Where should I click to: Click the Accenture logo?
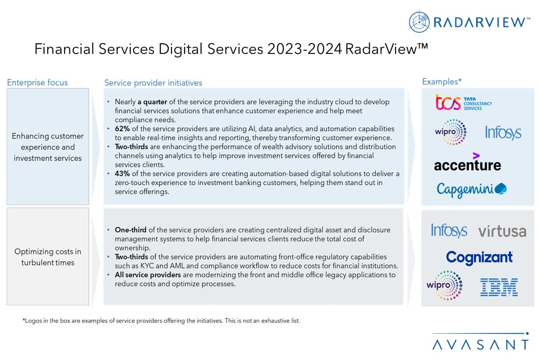tap(467, 163)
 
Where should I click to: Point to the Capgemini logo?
tap(472, 189)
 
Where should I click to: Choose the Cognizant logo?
tap(479, 257)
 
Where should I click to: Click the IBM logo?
tap(499, 287)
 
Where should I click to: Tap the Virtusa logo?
tap(502, 231)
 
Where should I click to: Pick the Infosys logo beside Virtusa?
tap(449, 231)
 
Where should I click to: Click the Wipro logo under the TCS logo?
tap(450, 132)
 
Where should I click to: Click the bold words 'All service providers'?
tap(145, 275)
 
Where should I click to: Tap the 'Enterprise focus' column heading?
tap(37, 82)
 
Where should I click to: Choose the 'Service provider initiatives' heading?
tap(153, 83)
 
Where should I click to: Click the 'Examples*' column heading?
tap(442, 82)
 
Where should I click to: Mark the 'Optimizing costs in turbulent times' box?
tap(48, 257)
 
